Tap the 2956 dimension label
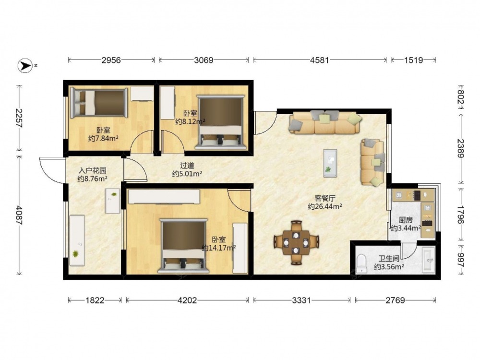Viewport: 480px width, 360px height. tap(111, 60)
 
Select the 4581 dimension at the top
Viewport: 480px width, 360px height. tap(319, 60)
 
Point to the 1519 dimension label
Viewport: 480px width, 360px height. tap(413, 60)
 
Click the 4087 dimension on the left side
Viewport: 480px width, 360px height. tap(19, 215)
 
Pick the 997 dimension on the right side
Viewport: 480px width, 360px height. tap(461, 260)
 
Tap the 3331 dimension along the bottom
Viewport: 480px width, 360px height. tap(301, 300)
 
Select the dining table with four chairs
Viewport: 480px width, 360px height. tap(296, 242)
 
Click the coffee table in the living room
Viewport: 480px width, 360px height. tap(330, 163)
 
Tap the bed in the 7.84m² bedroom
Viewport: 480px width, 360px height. tap(98, 103)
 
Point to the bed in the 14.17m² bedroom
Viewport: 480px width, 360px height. tap(184, 246)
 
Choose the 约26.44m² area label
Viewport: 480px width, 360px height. tap(325, 206)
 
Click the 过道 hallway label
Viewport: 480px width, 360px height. tap(187, 166)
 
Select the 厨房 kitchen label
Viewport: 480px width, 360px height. tap(406, 220)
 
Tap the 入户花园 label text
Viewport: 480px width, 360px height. tap(93, 170)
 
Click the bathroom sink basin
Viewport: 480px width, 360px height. tap(429, 260)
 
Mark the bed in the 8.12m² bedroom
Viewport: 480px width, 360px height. tap(221, 122)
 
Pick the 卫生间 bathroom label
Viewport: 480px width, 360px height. tap(389, 259)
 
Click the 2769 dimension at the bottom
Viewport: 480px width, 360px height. tap(395, 300)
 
